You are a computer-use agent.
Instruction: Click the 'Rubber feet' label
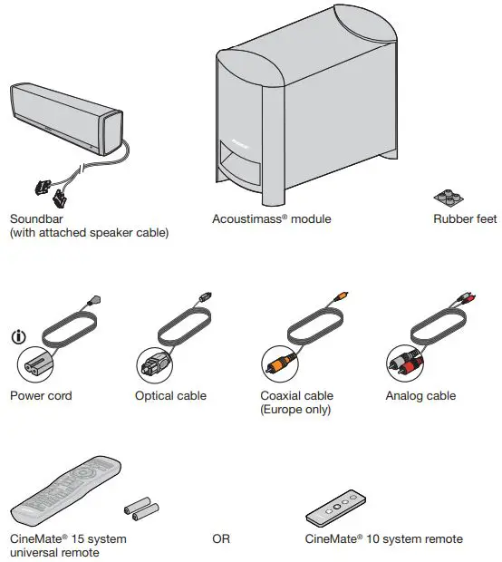coord(465,219)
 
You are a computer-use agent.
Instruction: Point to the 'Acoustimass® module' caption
coord(272,219)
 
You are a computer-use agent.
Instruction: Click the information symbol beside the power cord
coord(18,337)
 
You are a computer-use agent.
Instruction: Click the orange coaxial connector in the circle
coord(279,365)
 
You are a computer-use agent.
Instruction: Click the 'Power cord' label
coord(41,396)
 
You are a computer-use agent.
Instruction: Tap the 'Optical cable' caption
coord(170,396)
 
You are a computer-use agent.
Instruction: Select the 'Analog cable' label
coord(420,396)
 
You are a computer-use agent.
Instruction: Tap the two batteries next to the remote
coord(140,510)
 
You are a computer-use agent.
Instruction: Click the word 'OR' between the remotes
coord(221,539)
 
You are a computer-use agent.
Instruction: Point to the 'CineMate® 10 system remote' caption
coord(384,539)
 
